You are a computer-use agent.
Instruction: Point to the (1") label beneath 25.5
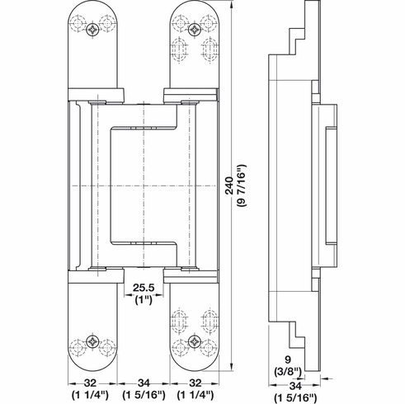point(144,301)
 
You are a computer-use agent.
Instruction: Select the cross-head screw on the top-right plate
point(195,30)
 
